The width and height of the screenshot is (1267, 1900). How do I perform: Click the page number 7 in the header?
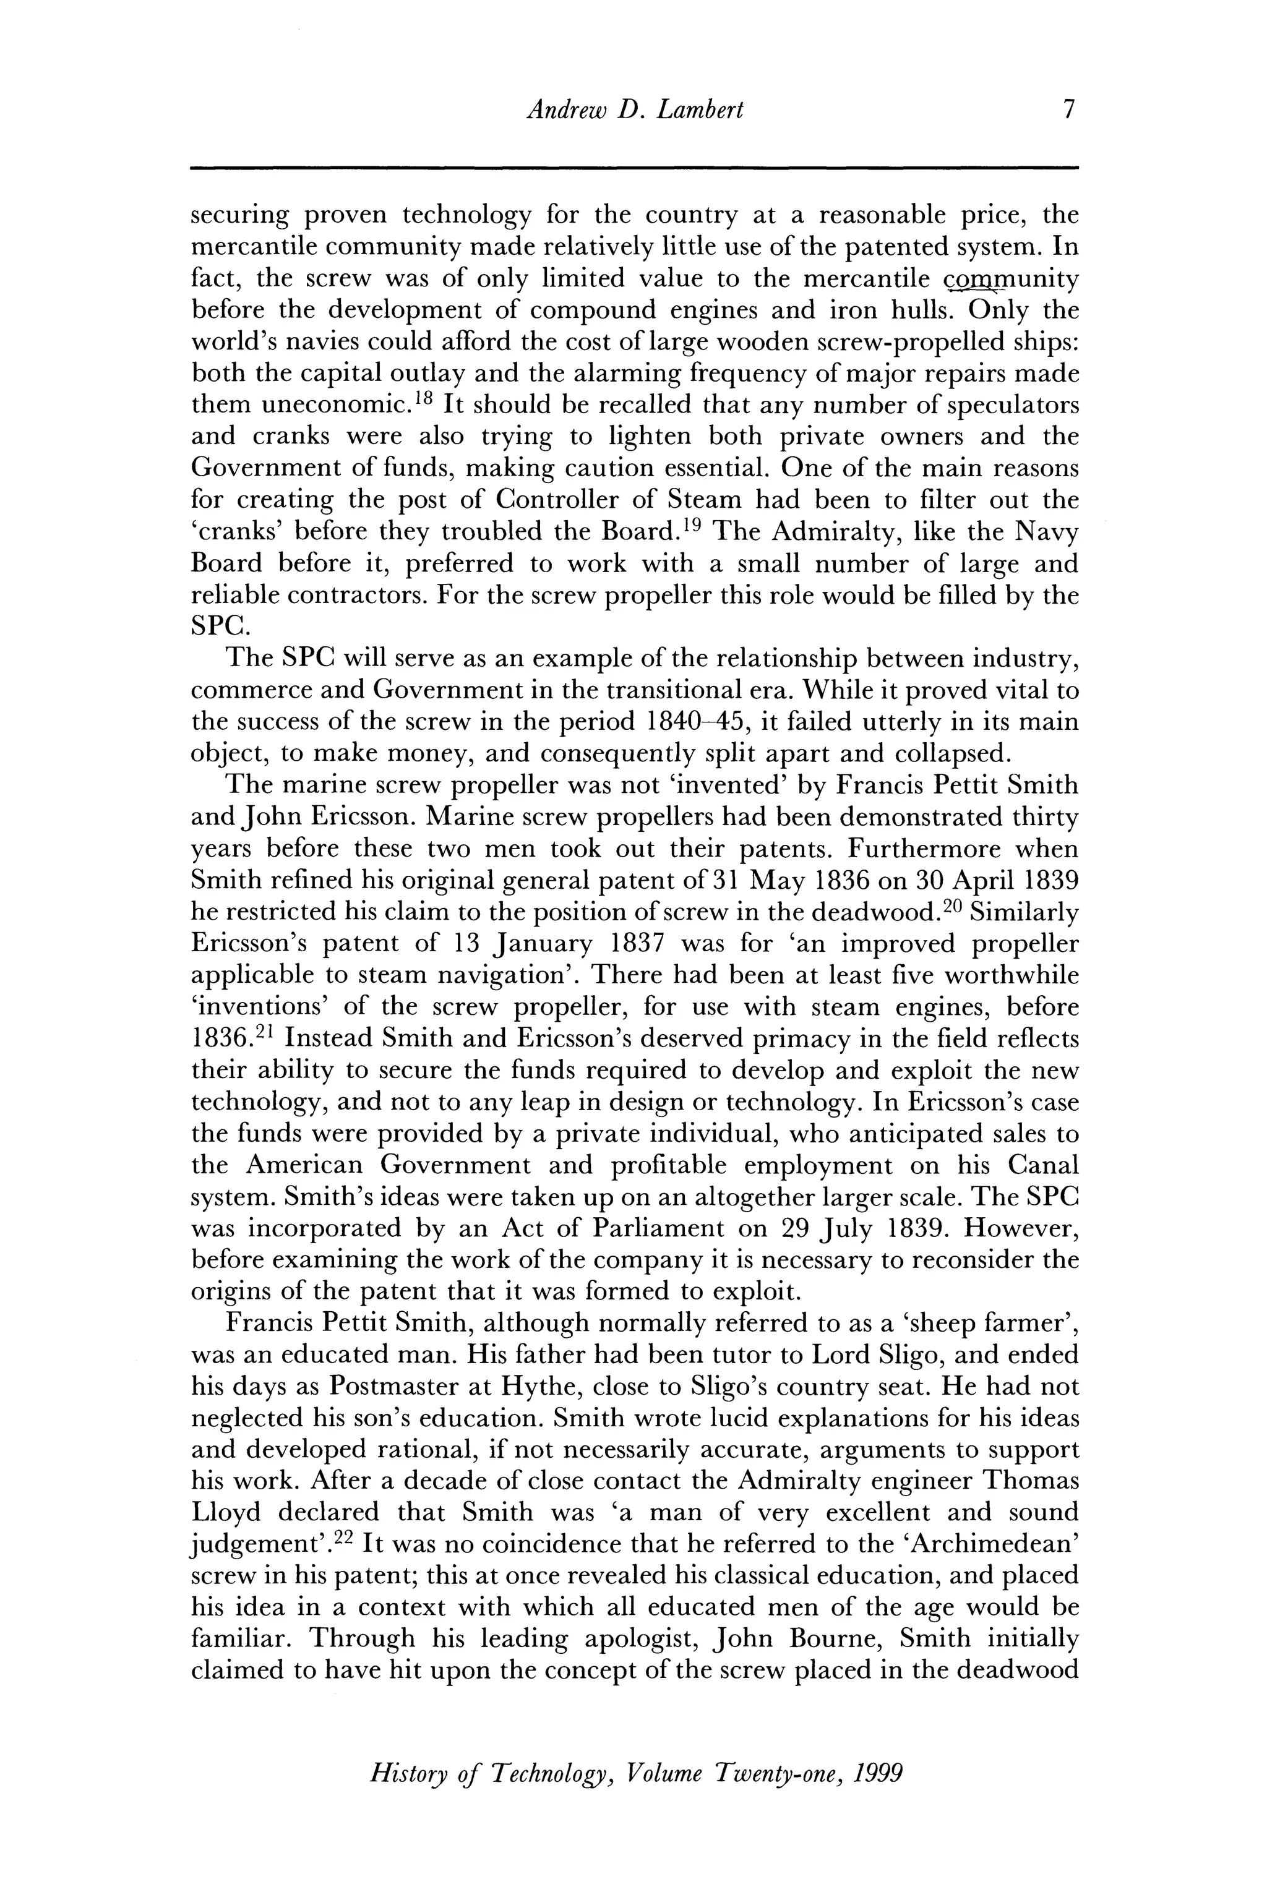pos(1069,109)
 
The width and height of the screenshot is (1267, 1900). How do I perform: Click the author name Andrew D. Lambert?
pos(633,109)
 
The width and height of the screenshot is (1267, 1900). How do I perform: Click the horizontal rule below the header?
pos(633,168)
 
